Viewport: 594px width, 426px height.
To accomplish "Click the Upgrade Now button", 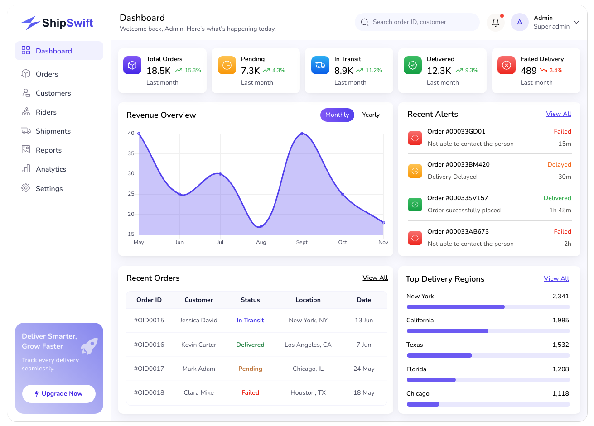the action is tap(58, 394).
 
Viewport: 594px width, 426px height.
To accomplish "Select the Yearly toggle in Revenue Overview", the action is tap(371, 115).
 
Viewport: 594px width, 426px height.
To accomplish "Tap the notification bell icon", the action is tap(495, 23).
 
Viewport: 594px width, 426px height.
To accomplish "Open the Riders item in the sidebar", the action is tap(46, 112).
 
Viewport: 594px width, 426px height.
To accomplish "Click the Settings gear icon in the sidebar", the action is tap(26, 188).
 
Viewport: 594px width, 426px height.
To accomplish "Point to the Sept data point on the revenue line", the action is tap(302, 134).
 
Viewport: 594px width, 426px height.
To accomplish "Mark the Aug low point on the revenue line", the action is tap(261, 226).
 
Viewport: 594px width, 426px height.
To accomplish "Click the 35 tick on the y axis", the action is tap(131, 153).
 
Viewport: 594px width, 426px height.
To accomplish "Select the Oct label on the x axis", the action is tap(343, 242).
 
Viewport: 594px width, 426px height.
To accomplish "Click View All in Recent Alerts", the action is tap(559, 114).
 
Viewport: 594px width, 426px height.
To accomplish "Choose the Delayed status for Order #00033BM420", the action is tap(559, 164).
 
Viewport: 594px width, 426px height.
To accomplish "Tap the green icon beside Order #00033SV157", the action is tap(415, 205).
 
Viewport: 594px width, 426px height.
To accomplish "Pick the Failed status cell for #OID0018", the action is tap(250, 392).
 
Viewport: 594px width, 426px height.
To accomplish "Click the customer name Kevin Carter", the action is tap(198, 345).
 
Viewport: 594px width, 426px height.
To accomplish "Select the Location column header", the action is tap(308, 300).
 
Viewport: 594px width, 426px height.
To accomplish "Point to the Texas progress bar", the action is tap(488, 355).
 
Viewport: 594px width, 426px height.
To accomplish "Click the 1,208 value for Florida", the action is tap(560, 369).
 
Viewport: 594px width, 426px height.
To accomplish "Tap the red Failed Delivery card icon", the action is tap(506, 65).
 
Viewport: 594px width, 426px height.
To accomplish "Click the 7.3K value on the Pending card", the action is tap(250, 71).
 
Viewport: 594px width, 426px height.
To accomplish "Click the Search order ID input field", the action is tap(417, 22).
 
